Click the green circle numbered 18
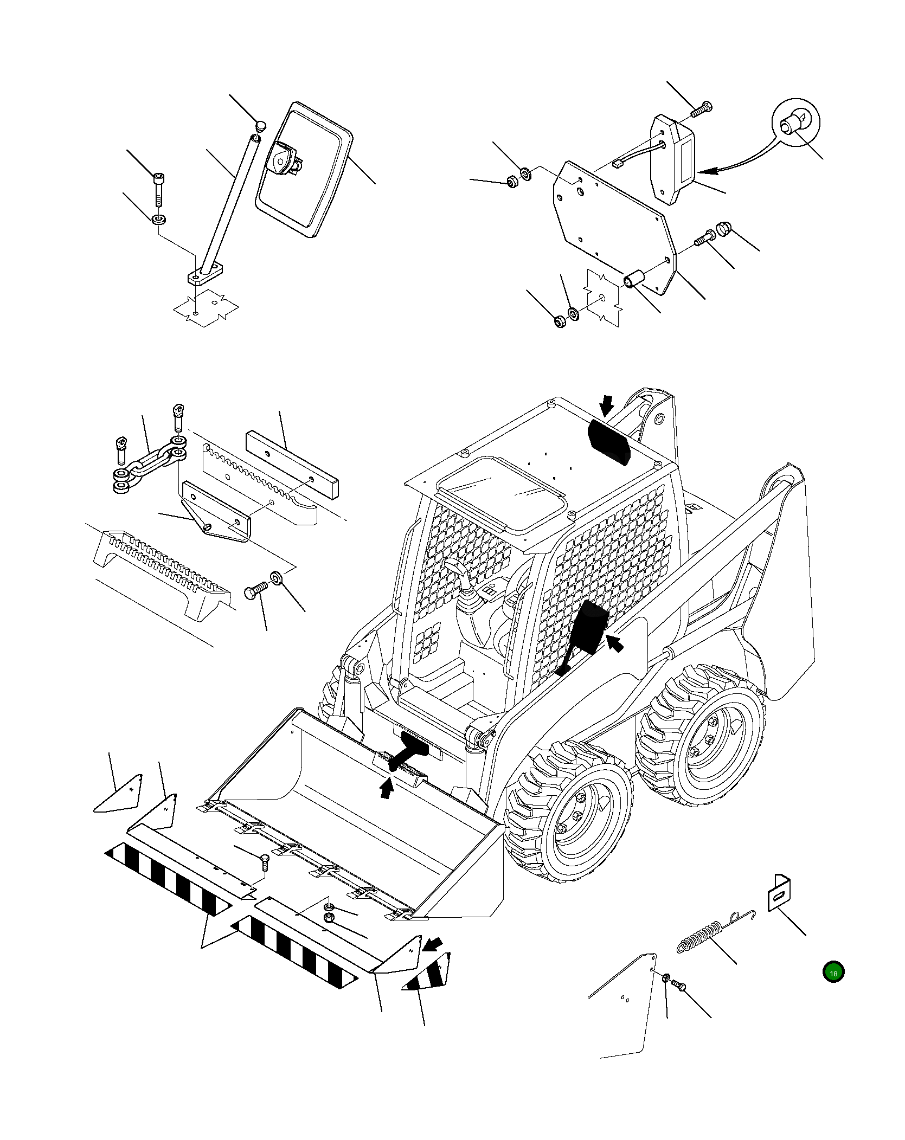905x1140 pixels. pyautogui.click(x=833, y=973)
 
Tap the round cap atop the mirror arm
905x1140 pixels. pyautogui.click(x=261, y=126)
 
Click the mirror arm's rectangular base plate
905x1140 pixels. pyautogui.click(x=206, y=277)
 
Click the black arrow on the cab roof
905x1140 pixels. pyautogui.click(x=606, y=403)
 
